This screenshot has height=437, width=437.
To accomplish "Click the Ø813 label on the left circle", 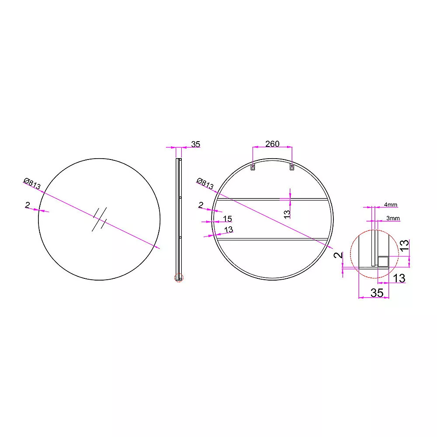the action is [x=32, y=184].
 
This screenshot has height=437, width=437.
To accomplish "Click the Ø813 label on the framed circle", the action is [x=205, y=184].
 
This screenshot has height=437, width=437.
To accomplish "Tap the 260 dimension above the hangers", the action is [x=272, y=144].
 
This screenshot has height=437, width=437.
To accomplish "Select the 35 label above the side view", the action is [x=196, y=144].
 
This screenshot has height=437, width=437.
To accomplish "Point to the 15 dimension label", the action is [x=227, y=219].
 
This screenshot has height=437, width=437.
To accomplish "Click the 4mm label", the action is [x=390, y=205].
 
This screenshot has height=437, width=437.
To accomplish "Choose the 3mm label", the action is [x=393, y=218].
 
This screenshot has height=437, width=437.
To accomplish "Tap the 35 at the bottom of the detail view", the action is [x=377, y=293].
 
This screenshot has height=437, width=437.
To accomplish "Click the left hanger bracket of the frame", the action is [x=253, y=167].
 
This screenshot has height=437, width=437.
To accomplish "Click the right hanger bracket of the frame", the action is [x=292, y=167].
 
